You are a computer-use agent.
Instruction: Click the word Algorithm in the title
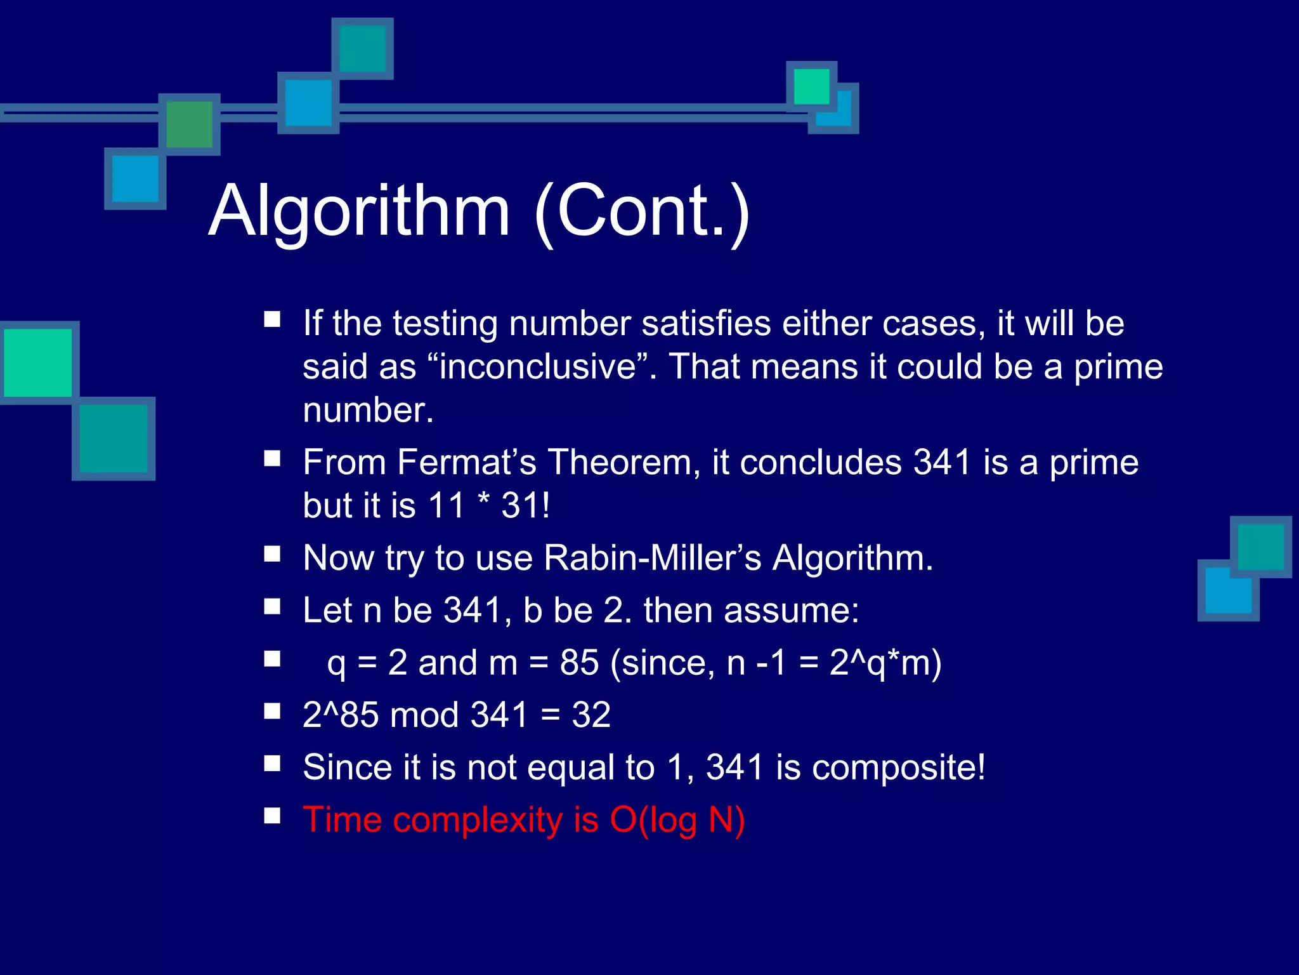click(x=359, y=211)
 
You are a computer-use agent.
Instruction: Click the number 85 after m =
click(x=578, y=663)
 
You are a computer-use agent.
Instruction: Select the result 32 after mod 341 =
click(x=591, y=715)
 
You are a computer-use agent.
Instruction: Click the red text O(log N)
click(x=677, y=820)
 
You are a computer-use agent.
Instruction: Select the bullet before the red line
click(x=272, y=816)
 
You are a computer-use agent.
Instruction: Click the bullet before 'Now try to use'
click(x=272, y=554)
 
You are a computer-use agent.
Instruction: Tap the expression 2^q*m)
click(x=885, y=663)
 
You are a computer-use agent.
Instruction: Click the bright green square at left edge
click(x=38, y=362)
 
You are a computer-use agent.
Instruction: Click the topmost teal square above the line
click(x=362, y=49)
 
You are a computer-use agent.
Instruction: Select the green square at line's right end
click(x=811, y=86)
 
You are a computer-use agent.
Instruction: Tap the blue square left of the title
click(x=135, y=178)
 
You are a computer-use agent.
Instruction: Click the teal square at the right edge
click(x=1260, y=547)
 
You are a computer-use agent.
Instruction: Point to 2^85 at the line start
click(x=341, y=715)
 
